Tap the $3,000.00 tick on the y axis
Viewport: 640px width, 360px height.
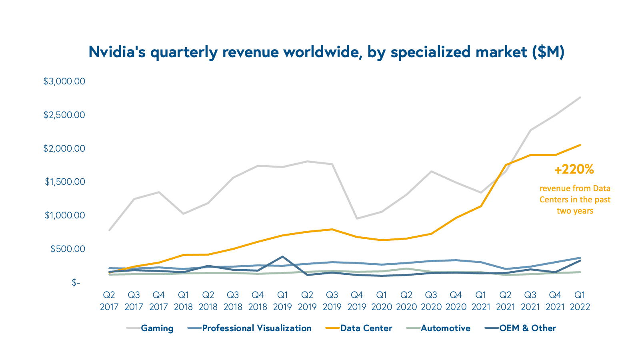point(64,82)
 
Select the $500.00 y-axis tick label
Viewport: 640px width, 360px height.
point(68,249)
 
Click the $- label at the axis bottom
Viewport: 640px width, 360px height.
point(76,283)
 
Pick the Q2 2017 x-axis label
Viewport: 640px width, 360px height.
point(109,301)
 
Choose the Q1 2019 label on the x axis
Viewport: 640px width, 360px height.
point(282,301)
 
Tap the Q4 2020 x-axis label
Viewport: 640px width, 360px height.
point(456,301)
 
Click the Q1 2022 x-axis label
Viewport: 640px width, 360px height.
point(580,301)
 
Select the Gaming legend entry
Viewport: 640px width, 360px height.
point(157,328)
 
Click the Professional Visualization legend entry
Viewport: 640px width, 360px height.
point(256,328)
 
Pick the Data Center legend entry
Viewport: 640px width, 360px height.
point(366,328)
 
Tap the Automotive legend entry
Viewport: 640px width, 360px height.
point(445,328)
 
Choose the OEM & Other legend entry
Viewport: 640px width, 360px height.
point(527,328)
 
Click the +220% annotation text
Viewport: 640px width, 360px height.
point(574,170)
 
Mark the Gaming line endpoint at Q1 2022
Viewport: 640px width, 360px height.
point(580,97)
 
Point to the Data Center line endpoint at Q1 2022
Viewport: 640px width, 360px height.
point(580,145)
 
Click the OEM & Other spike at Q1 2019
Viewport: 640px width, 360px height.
point(282,256)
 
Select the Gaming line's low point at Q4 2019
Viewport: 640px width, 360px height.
point(357,218)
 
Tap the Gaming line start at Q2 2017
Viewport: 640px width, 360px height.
point(109,230)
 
